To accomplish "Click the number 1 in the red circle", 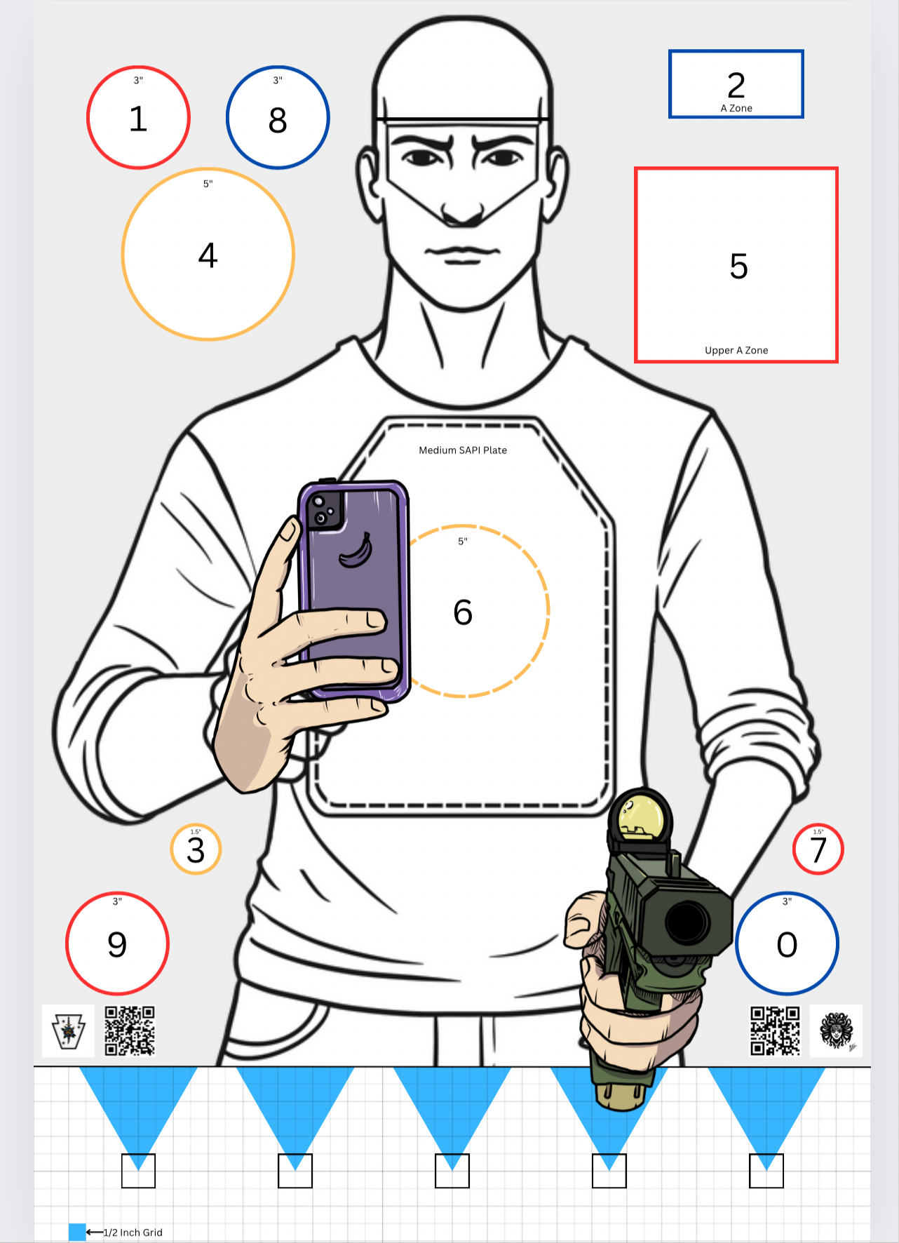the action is tap(138, 119).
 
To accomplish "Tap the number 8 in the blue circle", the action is tap(278, 120).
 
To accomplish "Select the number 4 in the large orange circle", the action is tap(208, 255).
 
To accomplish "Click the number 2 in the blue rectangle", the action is tap(736, 86).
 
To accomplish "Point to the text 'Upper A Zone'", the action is tap(736, 350).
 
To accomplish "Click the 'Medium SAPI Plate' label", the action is tap(463, 450).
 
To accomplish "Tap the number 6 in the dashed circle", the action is tap(463, 612).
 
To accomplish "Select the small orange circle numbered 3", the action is tap(196, 849).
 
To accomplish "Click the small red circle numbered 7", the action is tap(818, 849).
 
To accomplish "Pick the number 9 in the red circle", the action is tap(117, 945).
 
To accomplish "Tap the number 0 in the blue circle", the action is tap(787, 945).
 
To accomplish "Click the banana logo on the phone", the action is tap(356, 550).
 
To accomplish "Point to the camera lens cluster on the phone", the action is tap(325, 510).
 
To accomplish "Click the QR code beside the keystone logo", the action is tap(130, 1030).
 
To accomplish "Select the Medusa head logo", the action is tap(836, 1030).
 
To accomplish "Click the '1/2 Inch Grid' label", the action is tap(133, 1232).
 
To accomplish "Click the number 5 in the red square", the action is tap(738, 267).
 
